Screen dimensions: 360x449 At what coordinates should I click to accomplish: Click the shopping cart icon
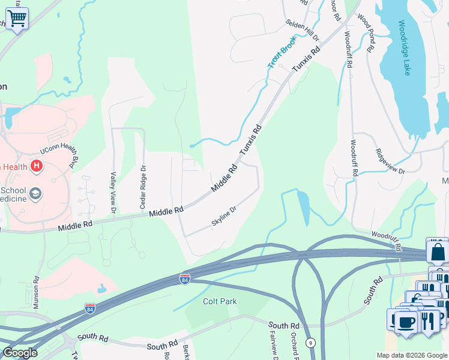coord(17,19)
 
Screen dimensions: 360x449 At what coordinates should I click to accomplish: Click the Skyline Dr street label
coord(224,217)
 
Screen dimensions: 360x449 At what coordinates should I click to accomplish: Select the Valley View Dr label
coord(113,192)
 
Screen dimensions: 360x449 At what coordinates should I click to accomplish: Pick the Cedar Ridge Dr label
coord(143,187)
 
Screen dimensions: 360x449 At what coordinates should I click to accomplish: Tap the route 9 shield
coord(310,343)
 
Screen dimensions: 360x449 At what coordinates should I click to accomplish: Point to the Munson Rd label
coord(36,292)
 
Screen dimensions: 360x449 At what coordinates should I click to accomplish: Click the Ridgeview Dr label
coord(390,161)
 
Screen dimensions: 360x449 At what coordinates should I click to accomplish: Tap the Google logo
coord(20,353)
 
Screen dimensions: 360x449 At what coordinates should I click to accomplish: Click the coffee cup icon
coord(405,322)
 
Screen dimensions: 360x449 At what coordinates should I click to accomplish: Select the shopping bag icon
coord(438,251)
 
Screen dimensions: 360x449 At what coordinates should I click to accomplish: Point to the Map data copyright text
coord(412,355)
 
